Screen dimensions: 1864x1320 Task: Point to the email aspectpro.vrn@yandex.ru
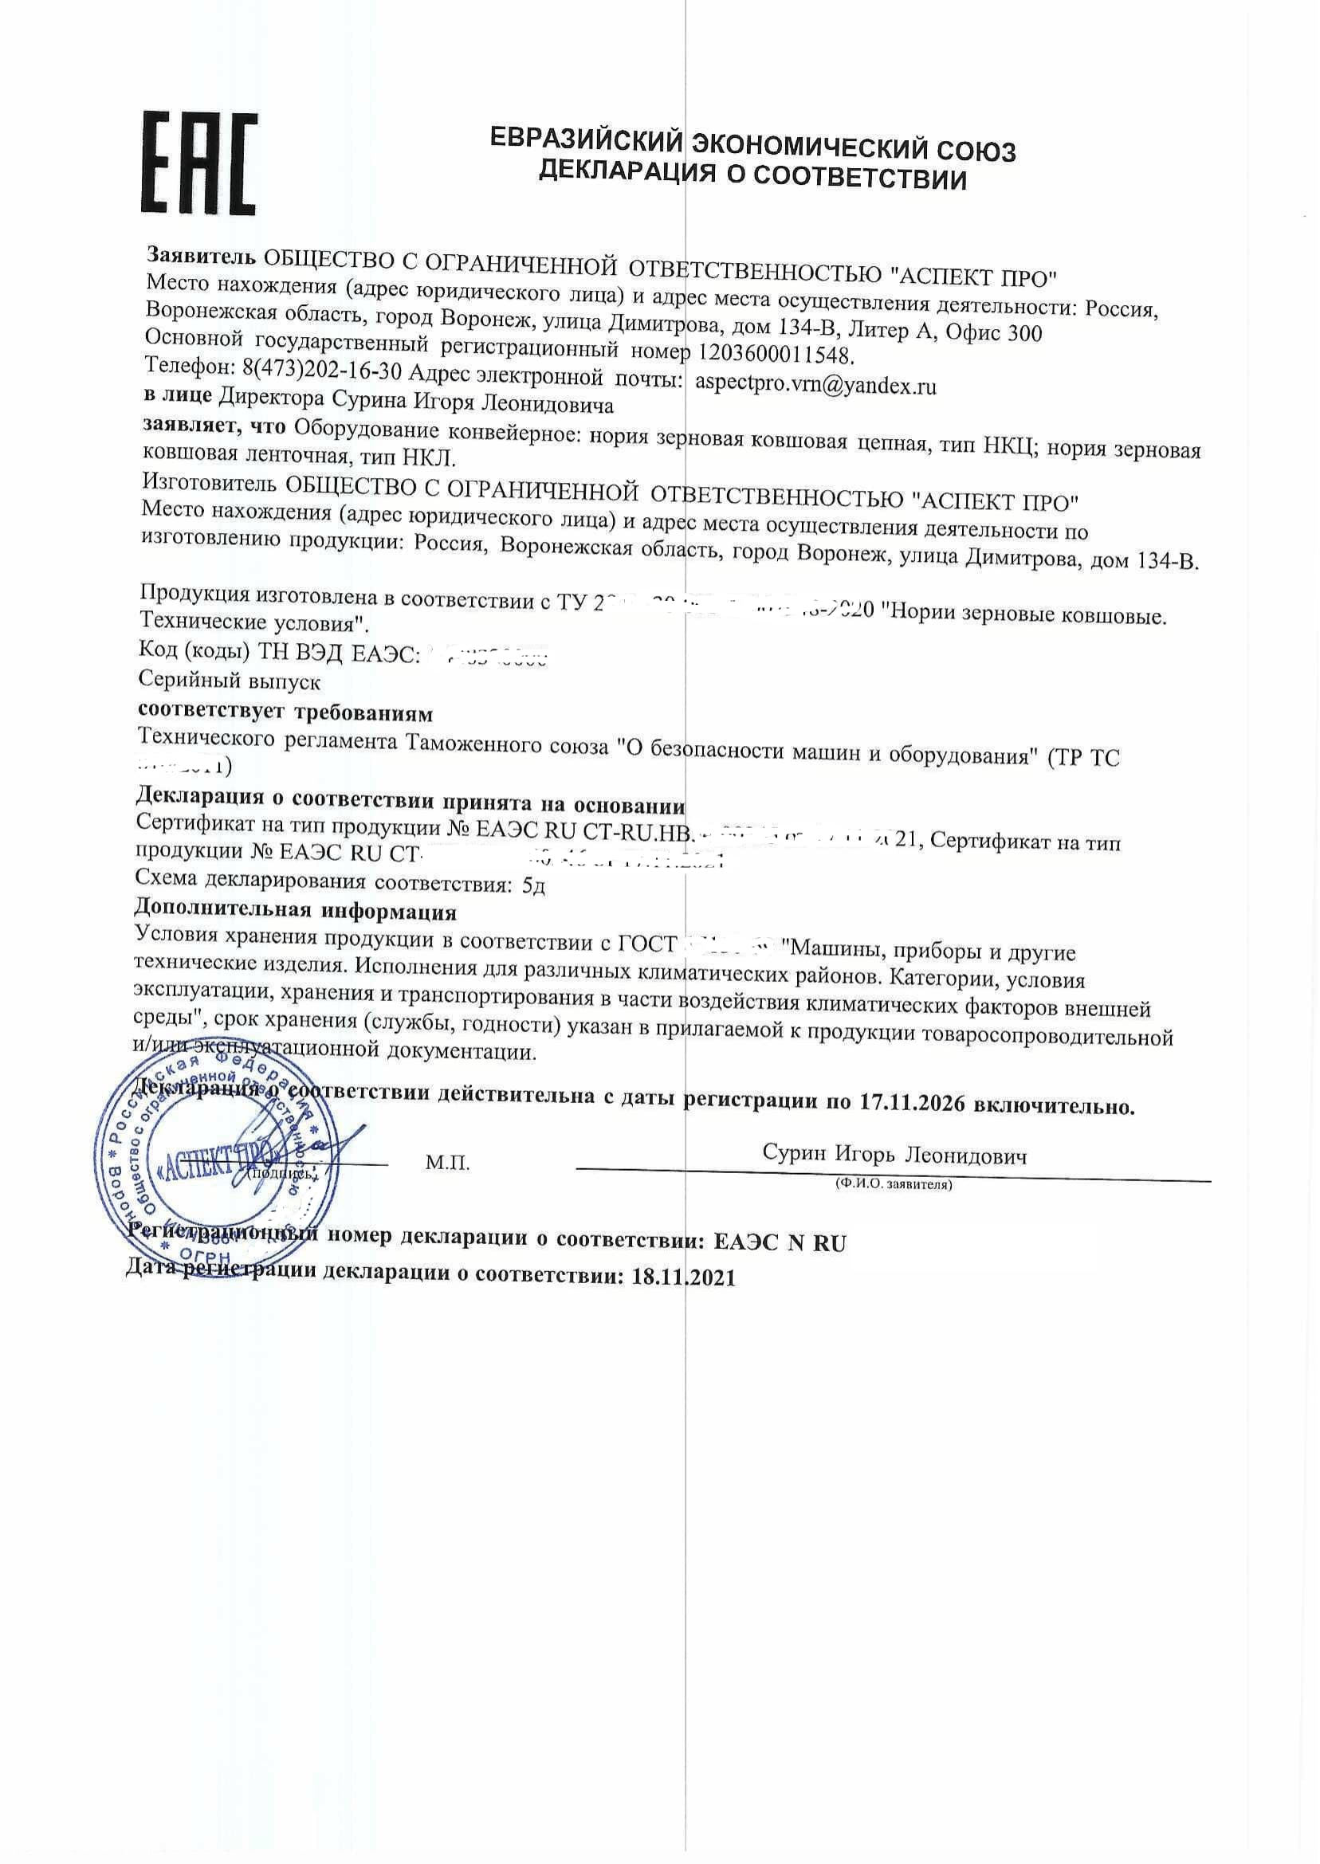point(815,384)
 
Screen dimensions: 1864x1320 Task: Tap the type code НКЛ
point(427,458)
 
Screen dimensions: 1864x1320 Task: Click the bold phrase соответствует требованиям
point(285,712)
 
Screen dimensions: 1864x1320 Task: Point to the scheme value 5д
point(533,885)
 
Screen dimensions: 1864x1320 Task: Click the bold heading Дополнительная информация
point(295,911)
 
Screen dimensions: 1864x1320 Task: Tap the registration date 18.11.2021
point(683,1277)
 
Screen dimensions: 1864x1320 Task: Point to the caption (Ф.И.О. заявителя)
point(894,1185)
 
